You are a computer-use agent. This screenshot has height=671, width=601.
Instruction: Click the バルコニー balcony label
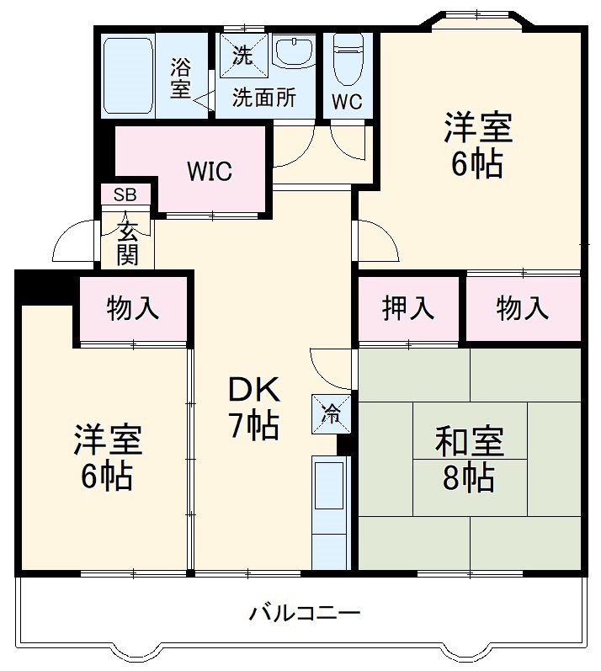[304, 613]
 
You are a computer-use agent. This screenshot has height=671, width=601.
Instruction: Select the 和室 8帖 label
[470, 458]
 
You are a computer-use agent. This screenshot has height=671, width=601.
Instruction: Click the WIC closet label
[210, 171]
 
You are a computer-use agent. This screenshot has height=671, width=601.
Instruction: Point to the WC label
[346, 102]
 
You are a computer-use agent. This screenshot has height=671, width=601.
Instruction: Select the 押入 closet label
[409, 309]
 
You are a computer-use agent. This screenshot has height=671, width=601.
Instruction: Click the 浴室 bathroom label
[181, 77]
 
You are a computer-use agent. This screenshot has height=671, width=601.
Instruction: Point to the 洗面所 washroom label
[264, 98]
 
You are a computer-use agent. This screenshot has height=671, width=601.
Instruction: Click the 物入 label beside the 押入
[523, 309]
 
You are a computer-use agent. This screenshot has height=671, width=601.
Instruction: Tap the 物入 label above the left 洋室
[133, 309]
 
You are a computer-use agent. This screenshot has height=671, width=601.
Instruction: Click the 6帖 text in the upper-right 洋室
[477, 164]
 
